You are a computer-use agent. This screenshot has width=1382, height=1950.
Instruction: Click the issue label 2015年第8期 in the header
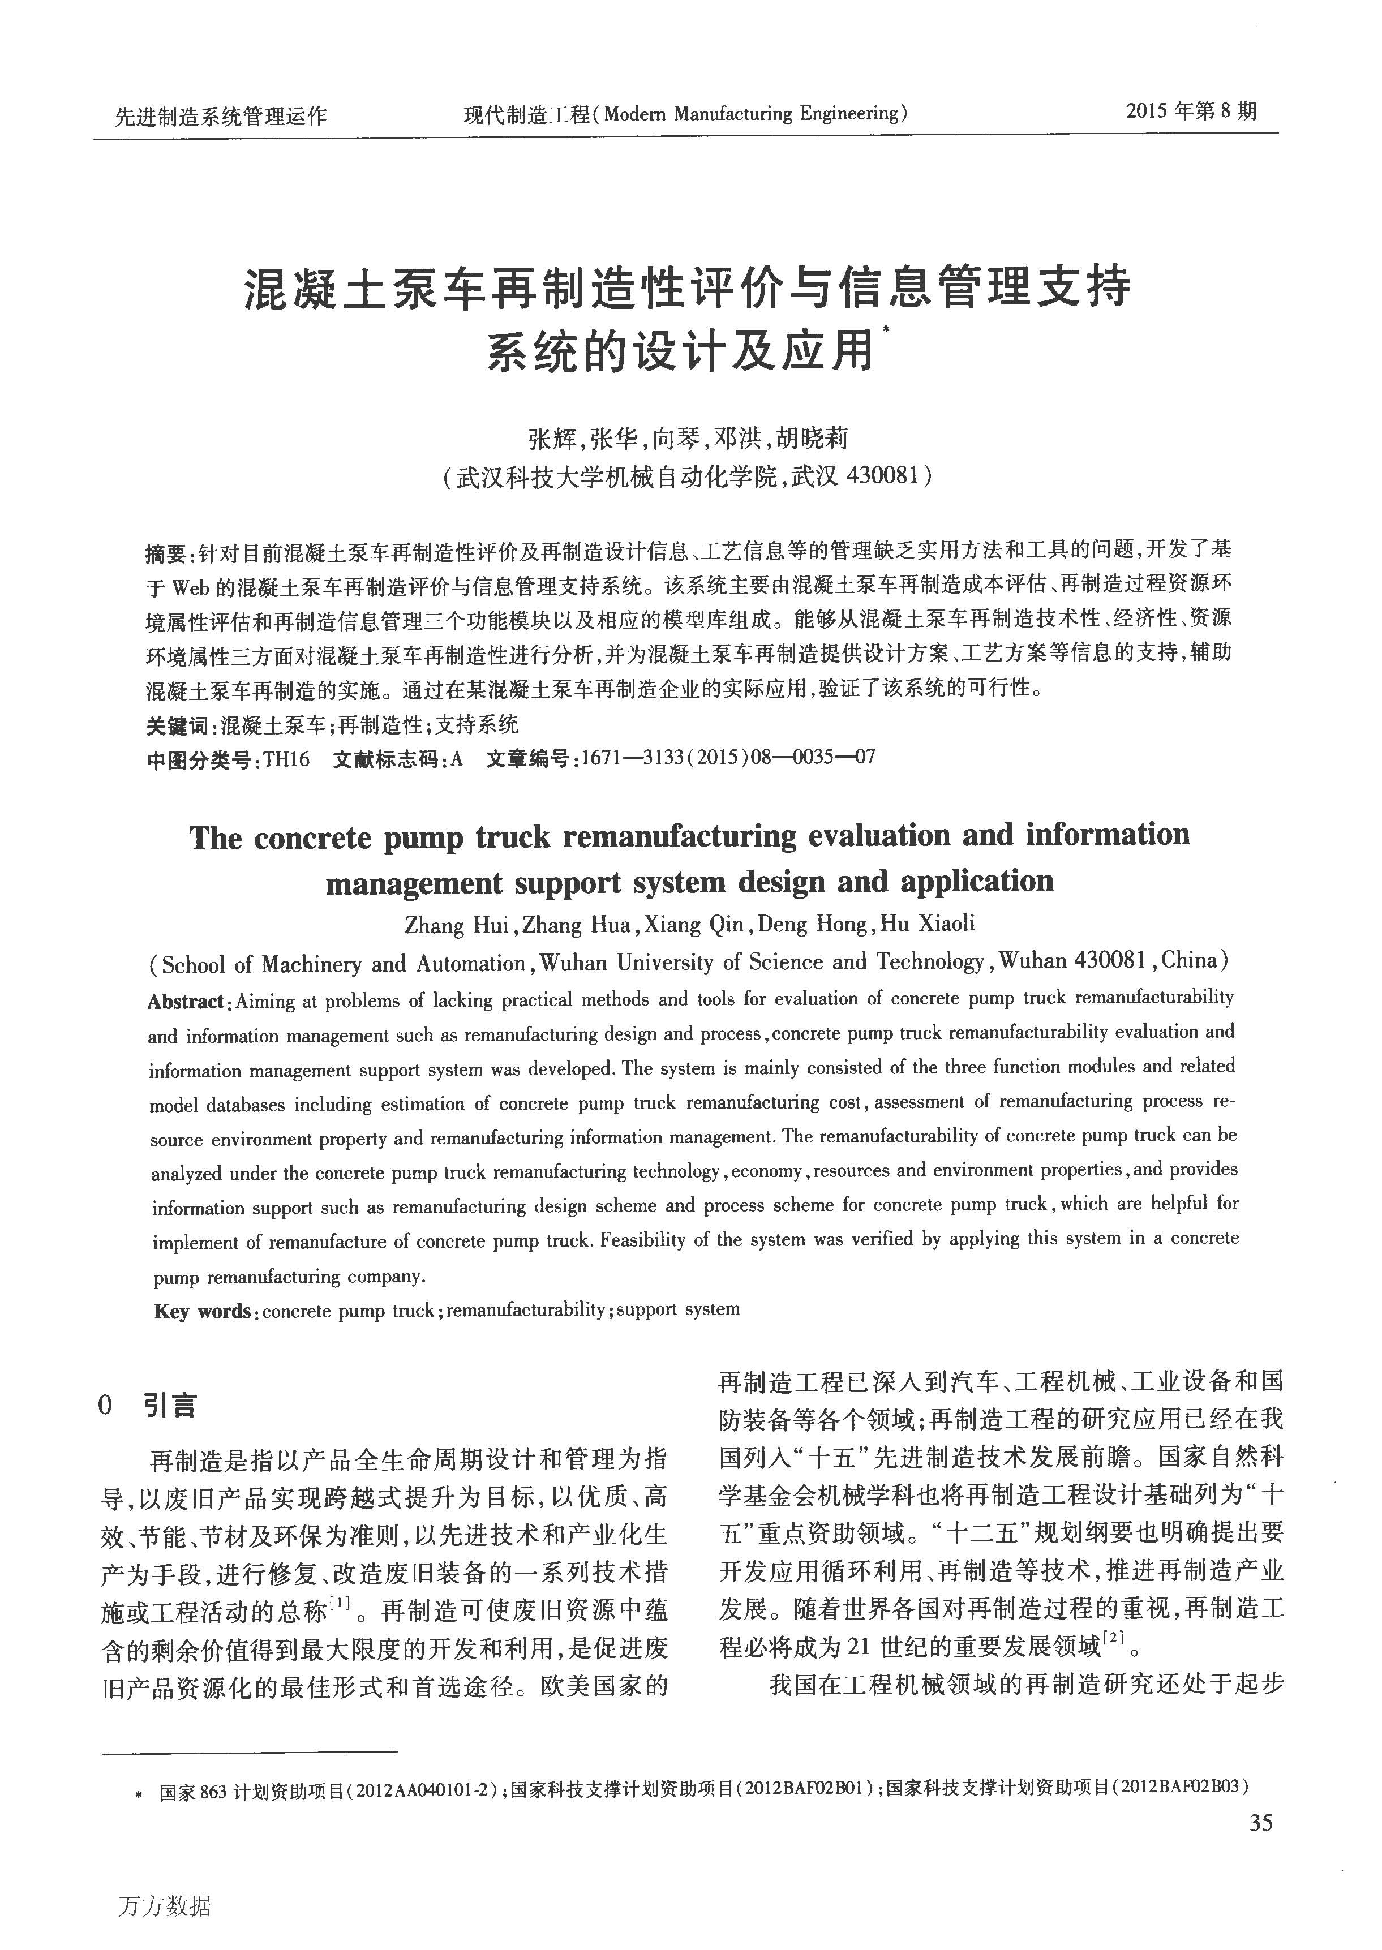(1191, 111)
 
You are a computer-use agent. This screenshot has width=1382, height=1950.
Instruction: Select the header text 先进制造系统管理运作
(221, 115)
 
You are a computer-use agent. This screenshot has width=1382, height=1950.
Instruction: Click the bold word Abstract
(186, 1002)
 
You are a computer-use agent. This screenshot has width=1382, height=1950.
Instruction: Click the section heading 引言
(170, 1404)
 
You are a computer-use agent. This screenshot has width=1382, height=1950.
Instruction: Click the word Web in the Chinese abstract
(191, 588)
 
